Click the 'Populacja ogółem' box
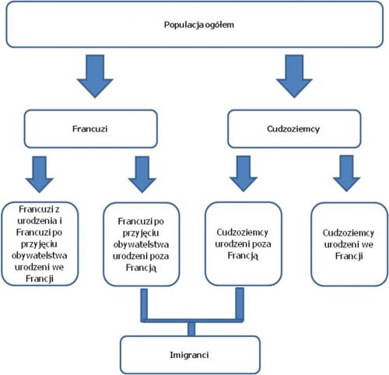(194, 24)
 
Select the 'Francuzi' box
(91, 128)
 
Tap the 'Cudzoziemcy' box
(294, 128)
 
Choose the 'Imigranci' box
(190, 355)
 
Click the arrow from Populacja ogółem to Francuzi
(95, 76)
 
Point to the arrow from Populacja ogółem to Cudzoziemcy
(294, 76)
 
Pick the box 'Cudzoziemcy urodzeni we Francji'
(349, 244)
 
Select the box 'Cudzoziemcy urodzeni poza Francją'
(244, 244)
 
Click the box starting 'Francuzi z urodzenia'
(40, 244)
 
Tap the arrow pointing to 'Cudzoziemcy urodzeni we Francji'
(346, 173)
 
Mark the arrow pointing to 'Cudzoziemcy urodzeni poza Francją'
(244, 173)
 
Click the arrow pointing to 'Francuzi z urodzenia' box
(40, 174)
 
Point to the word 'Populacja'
(184, 25)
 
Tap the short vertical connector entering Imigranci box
(191, 329)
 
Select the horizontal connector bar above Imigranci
(192, 321)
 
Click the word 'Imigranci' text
(189, 355)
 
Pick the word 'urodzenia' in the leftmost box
(37, 221)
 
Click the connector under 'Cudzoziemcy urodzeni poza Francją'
(240, 303)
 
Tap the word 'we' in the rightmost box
(367, 244)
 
